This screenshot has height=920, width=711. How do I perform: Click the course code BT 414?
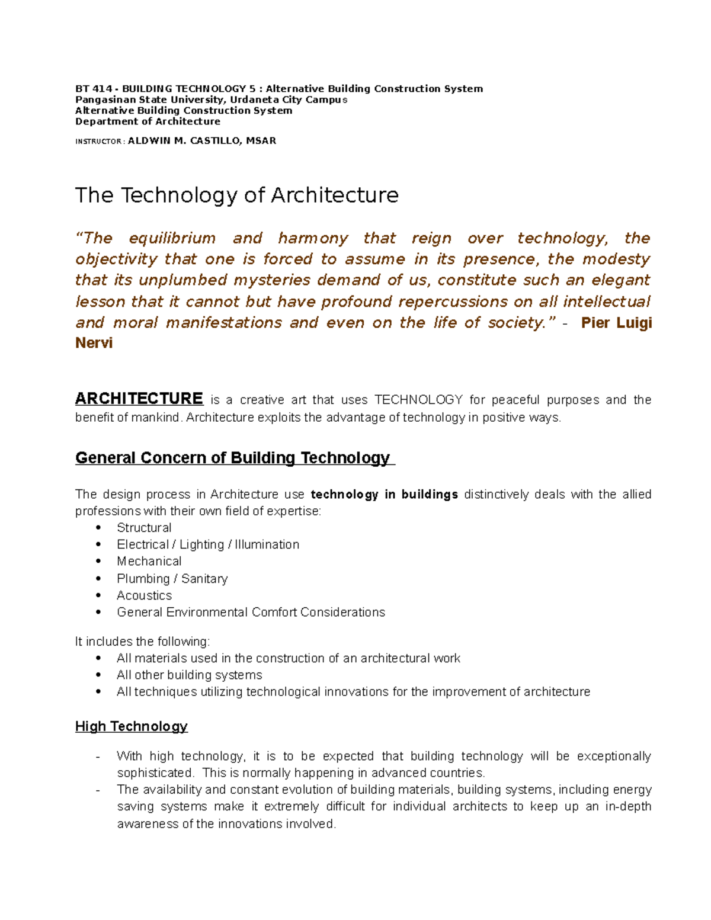point(93,89)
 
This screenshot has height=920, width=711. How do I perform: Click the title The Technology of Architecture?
point(236,195)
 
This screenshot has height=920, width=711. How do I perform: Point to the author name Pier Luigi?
point(616,323)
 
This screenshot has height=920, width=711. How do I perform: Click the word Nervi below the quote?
point(94,343)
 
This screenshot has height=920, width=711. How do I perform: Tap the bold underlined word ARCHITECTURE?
point(139,399)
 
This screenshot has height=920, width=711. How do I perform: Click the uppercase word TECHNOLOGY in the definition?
point(418,400)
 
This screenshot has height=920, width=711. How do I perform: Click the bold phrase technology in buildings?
point(384,495)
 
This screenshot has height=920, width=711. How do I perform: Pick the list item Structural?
point(144,528)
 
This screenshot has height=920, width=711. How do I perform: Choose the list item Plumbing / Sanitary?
point(172,579)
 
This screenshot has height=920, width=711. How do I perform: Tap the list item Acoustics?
point(144,595)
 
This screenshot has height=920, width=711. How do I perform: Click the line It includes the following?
point(142,642)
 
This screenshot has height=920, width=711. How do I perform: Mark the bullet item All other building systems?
point(189,675)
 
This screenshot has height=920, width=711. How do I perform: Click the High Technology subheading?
point(131,726)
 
